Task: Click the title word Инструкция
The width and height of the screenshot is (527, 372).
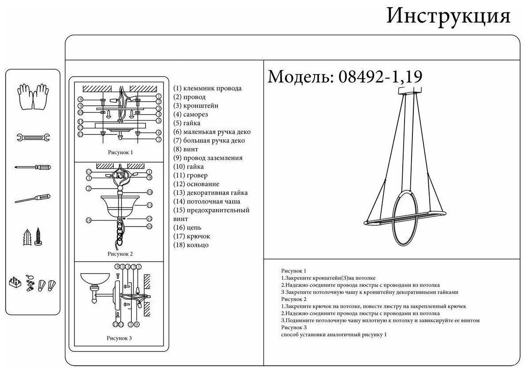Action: click(448, 17)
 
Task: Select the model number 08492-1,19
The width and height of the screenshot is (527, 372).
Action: click(380, 77)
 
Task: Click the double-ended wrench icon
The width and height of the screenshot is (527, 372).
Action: click(33, 138)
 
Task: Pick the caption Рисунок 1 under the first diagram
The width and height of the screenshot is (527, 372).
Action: click(120, 152)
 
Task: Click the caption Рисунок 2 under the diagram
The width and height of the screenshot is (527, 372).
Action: click(120, 254)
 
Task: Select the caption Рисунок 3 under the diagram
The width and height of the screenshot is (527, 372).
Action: click(119, 339)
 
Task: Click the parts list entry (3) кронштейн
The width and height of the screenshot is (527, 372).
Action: click(196, 106)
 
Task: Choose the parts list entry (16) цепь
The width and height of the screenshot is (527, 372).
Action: click(187, 227)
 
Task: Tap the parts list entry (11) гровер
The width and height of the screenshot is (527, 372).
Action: click(190, 175)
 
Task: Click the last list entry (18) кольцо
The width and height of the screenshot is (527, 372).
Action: click(191, 245)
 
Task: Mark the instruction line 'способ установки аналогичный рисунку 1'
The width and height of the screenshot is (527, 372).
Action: click(334, 335)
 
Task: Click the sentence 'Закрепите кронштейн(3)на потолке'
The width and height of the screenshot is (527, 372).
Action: click(329, 278)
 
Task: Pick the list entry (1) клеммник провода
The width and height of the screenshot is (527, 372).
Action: click(207, 88)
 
